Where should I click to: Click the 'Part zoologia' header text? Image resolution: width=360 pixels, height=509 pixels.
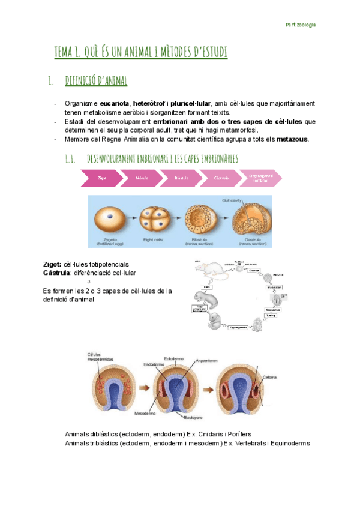point(301,25)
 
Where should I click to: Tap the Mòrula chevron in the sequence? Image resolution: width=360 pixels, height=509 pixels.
point(142,178)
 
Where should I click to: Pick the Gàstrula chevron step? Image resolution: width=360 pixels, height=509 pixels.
point(221,178)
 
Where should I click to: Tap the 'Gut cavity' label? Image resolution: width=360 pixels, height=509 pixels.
point(231,200)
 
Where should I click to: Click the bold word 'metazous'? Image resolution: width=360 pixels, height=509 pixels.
point(292,140)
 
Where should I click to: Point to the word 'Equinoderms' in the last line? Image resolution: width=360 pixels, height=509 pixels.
point(289,443)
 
